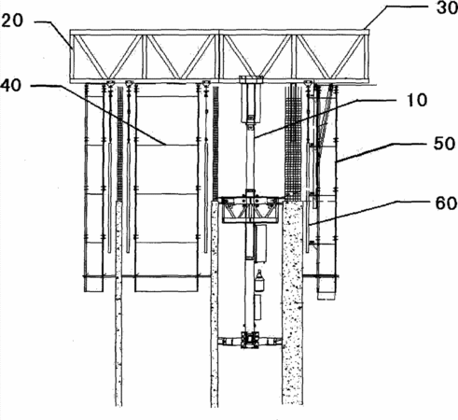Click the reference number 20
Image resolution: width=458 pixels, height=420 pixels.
click(12, 21)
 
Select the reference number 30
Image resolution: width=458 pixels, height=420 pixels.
click(447, 7)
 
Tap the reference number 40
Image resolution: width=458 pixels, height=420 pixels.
click(11, 85)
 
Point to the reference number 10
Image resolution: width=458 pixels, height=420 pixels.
click(417, 100)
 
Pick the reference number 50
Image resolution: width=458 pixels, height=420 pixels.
click(445, 144)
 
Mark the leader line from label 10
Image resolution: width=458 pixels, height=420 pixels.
click(325, 119)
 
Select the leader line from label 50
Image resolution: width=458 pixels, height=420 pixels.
click(382, 152)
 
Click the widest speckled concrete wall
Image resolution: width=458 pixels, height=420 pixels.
click(292, 301)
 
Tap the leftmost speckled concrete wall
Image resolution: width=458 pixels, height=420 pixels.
click(118, 303)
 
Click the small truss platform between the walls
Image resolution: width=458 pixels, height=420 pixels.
click(250, 209)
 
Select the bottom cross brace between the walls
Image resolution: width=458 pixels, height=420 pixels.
click(250, 340)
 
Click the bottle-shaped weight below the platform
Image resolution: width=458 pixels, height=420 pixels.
click(259, 281)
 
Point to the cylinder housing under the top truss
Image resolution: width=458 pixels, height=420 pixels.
click(251, 100)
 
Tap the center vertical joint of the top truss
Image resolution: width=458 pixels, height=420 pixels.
click(219, 56)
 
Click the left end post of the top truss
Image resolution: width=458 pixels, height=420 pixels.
click(72, 56)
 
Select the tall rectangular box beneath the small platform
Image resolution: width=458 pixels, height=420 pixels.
click(260, 244)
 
